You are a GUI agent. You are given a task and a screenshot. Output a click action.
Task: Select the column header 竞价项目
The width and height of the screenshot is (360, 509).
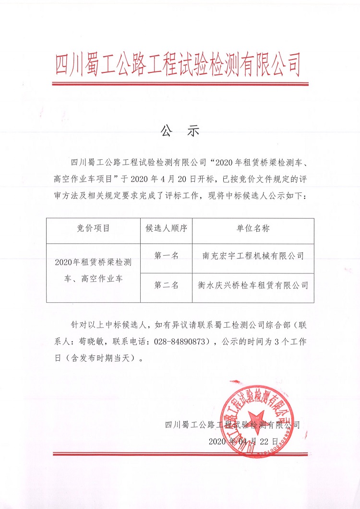click(x=93, y=228)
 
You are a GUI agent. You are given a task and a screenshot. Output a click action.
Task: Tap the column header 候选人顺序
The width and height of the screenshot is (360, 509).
click(x=166, y=228)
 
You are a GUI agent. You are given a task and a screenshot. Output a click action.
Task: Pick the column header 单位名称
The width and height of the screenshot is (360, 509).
click(x=253, y=228)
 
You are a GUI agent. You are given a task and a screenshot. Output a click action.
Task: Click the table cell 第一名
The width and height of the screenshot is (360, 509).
click(x=166, y=256)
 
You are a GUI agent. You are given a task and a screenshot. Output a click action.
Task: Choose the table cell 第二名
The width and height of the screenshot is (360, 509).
click(x=166, y=285)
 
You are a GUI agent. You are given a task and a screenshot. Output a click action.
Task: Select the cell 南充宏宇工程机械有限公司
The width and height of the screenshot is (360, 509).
click(x=253, y=256)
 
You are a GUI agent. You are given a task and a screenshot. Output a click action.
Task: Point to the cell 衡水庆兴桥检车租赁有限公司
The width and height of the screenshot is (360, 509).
click(x=253, y=285)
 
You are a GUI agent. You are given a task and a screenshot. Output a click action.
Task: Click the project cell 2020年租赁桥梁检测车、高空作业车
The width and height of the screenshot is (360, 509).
click(x=93, y=270)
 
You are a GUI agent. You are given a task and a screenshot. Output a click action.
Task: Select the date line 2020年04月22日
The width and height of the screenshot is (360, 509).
click(x=244, y=440)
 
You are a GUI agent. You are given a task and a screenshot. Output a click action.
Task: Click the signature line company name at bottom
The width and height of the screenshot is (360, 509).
click(x=232, y=425)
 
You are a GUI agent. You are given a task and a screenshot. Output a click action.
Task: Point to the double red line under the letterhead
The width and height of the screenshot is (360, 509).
click(x=180, y=84)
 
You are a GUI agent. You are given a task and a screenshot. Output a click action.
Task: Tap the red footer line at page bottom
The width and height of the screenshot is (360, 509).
click(x=180, y=454)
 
